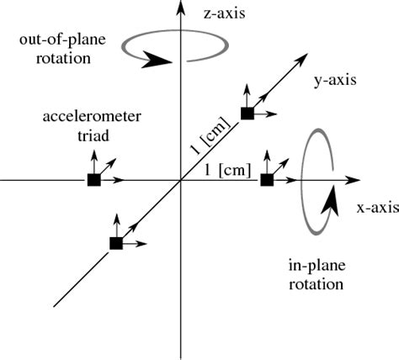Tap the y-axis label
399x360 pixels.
coord(335,81)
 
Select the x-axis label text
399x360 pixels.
coord(376,206)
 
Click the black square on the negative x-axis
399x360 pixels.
coord(93,180)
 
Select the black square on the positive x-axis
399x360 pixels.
coord(267,180)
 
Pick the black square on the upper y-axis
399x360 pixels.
coord(247,114)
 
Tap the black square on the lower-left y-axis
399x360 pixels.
coord(116,243)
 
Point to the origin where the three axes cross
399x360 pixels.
coord(179,180)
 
